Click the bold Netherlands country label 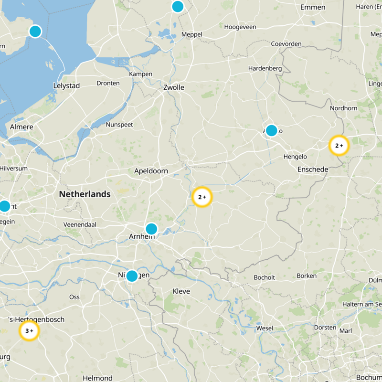tap(85, 194)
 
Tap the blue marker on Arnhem tap(151, 229)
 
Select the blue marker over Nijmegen tap(132, 276)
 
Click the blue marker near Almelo tap(271, 130)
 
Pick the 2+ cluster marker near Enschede tap(339, 146)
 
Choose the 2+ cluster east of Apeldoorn tap(202, 197)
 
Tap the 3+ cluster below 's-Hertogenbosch tap(29, 330)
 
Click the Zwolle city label tap(174, 87)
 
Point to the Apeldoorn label tap(151, 171)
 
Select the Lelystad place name tap(66, 85)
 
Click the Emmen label tap(313, 7)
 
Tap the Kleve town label tap(181, 291)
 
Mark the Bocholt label tap(264, 277)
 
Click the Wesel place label tap(265, 329)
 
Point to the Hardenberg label tap(265, 69)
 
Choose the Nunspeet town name tap(119, 125)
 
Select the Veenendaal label tap(80, 224)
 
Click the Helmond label tap(97, 378)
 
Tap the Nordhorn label tap(343, 108)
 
